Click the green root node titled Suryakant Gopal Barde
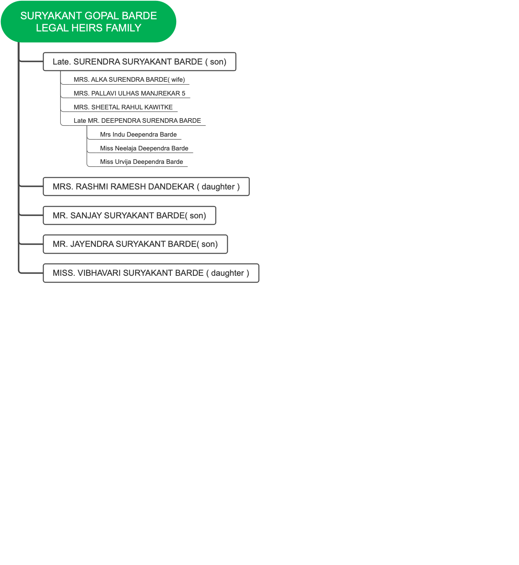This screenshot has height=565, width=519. click(x=88, y=22)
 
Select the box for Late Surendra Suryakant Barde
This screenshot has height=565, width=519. click(x=139, y=62)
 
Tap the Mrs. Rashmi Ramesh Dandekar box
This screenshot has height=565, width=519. click(x=146, y=187)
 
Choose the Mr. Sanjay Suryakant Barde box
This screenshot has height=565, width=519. click(x=129, y=216)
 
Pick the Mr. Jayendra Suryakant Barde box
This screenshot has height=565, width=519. click(x=135, y=244)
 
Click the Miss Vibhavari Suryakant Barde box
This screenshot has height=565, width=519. click(x=151, y=273)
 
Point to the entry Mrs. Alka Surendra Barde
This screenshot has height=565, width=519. click(x=129, y=80)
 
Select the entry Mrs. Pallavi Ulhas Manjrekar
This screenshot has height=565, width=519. click(x=129, y=93)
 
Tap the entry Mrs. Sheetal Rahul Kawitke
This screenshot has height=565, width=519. click(x=123, y=107)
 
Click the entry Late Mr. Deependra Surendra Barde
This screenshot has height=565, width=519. click(x=137, y=121)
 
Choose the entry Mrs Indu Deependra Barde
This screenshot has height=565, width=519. click(x=138, y=135)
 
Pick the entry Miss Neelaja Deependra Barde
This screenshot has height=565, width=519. click(x=144, y=148)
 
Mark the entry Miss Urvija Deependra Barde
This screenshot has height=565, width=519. click(x=141, y=162)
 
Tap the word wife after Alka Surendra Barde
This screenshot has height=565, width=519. click(x=178, y=80)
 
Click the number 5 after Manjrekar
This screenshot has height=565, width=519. click(x=183, y=93)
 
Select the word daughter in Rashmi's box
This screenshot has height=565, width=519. click(x=218, y=187)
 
